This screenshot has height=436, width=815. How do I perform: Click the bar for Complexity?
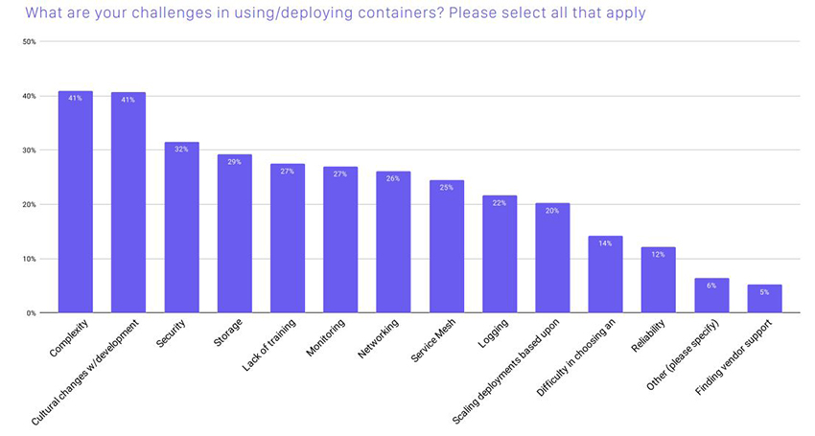[76, 202]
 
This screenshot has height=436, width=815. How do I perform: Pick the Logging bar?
[500, 254]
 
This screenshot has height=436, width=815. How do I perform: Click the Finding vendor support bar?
[764, 299]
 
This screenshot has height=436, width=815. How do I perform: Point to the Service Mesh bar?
[447, 246]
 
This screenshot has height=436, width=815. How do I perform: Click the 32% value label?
[181, 149]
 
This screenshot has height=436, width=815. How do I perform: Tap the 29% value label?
[235, 161]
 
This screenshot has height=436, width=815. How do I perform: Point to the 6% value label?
[711, 285]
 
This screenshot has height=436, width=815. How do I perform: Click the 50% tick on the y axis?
[29, 42]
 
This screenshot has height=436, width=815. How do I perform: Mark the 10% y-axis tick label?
[29, 259]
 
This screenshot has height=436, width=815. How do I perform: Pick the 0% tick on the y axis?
[31, 313]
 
